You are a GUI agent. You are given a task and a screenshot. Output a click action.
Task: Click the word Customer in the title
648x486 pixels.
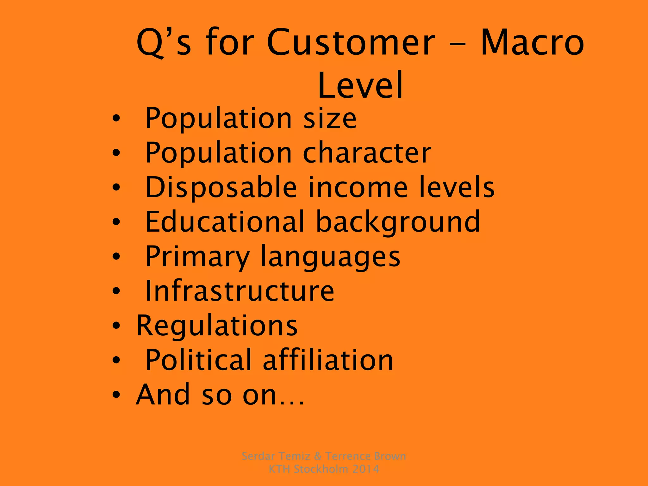pos(351,43)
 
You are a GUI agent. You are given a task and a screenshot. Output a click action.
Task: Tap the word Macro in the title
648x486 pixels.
pos(532,43)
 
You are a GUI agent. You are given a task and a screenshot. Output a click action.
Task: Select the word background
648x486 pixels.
pos(398,222)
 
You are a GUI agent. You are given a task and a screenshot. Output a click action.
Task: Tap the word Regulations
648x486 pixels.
pos(217,326)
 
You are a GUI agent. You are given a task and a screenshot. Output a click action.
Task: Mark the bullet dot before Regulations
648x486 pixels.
pos(116,326)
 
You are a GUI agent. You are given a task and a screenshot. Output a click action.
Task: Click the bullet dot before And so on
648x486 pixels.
pos(116,395)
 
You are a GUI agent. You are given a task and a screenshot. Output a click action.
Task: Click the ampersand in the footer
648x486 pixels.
pos(317,456)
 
